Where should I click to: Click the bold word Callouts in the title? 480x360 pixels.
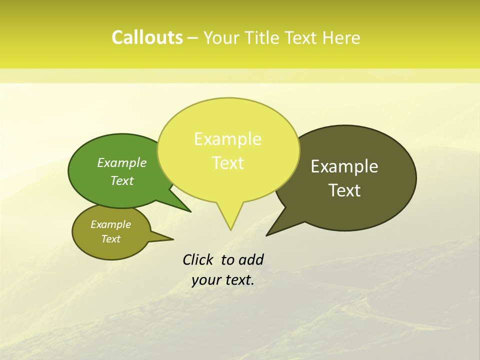pyautogui.click(x=147, y=37)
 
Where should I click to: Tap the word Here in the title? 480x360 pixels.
pyautogui.click(x=341, y=38)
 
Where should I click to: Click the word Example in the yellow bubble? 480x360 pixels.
pyautogui.click(x=227, y=139)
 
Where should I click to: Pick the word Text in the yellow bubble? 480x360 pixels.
pyautogui.click(x=227, y=163)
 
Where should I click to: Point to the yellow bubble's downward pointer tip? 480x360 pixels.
pyautogui.click(x=230, y=229)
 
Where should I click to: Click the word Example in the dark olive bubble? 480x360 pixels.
pyautogui.click(x=344, y=166)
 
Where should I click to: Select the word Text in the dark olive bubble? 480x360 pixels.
pyautogui.click(x=344, y=190)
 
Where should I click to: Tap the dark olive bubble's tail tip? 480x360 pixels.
pyautogui.click(x=267, y=235)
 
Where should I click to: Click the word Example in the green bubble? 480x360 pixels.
pyautogui.click(x=122, y=163)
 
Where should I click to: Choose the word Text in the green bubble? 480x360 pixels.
pyautogui.click(x=122, y=181)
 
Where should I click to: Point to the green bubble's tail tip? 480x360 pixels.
pyautogui.click(x=190, y=211)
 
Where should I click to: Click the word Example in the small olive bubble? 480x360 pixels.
pyautogui.click(x=110, y=225)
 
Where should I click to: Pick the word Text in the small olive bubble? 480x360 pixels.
pyautogui.click(x=110, y=239)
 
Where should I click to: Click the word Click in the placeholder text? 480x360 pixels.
pyautogui.click(x=198, y=259)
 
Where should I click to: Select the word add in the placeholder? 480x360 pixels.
pyautogui.click(x=251, y=260)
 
